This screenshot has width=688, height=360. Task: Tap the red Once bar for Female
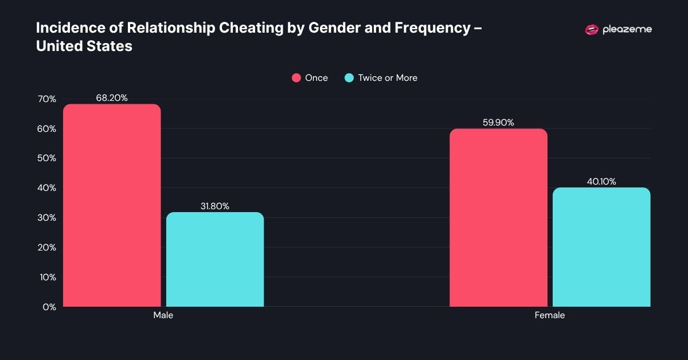(x=498, y=217)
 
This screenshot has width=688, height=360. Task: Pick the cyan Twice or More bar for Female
(x=601, y=247)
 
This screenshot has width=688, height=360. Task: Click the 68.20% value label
(x=112, y=98)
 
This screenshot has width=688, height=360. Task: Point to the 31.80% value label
(x=215, y=206)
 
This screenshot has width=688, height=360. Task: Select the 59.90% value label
(x=498, y=123)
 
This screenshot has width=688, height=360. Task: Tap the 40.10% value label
(x=601, y=182)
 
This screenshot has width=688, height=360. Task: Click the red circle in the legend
(x=296, y=78)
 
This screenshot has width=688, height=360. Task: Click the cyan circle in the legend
(x=349, y=78)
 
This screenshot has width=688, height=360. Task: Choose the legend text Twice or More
(x=388, y=78)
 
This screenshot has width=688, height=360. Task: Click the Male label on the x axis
(x=163, y=315)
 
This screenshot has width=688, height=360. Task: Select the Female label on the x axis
(x=550, y=315)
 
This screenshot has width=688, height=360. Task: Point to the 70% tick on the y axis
(x=47, y=99)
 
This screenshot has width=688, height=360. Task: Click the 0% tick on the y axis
(x=49, y=307)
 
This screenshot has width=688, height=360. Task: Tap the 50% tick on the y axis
(x=47, y=158)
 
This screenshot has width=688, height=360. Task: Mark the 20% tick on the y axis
(x=47, y=248)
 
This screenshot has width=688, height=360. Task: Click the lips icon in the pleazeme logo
(x=591, y=30)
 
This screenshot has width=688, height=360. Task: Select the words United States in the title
(x=84, y=46)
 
